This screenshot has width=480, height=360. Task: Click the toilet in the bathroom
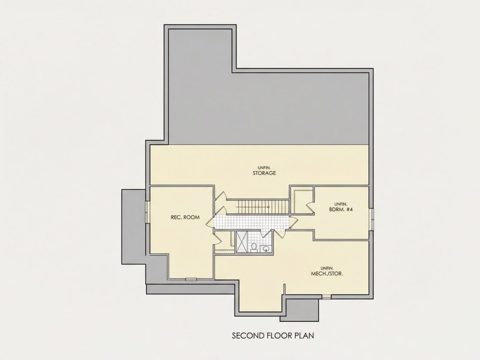tap(254, 247)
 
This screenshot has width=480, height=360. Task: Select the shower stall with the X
tap(242, 242)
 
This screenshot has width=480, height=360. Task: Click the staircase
tap(264, 207)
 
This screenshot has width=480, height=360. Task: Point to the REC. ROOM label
tap(185, 217)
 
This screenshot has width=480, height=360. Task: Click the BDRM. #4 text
tap(341, 209)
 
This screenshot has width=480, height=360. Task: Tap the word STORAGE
tap(264, 173)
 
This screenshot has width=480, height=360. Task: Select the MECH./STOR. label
tap(327, 274)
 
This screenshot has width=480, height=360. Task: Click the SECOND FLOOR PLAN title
tap(273, 336)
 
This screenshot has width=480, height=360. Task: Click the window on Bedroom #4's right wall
tap(372, 219)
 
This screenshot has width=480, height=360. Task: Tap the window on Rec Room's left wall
tap(147, 212)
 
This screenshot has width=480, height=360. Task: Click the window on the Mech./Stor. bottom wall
tap(327, 296)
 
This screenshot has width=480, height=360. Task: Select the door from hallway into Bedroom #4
tap(293, 222)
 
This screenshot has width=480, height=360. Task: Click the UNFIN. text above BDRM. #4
tap(340, 204)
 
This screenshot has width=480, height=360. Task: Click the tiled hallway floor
tap(252, 222)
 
